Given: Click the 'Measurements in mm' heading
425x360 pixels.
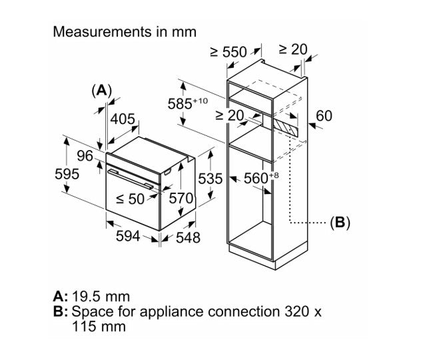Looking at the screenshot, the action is [x=125, y=32].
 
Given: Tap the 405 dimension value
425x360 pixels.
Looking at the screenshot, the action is [x=123, y=119].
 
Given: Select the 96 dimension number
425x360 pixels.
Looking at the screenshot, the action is [x=85, y=156].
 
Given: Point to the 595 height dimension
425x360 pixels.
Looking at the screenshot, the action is [x=67, y=174].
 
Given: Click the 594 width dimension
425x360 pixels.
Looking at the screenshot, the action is [x=128, y=236].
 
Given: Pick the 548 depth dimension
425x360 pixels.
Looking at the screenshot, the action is [x=188, y=237].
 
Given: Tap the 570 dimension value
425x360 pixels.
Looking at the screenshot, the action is [x=181, y=198].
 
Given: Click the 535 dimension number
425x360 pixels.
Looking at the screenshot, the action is [x=211, y=179].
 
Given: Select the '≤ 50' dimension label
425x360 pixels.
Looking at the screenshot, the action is [x=130, y=199].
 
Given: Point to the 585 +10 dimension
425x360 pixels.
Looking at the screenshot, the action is [x=188, y=103].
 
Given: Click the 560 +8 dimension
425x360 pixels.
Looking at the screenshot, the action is [x=261, y=178].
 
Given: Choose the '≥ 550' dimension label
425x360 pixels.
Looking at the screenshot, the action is [x=228, y=52].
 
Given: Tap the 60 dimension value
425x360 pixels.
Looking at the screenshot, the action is [x=324, y=115].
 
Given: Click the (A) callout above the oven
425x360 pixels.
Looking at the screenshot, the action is [x=102, y=91].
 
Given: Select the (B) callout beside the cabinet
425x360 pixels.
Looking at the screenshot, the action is [x=340, y=223].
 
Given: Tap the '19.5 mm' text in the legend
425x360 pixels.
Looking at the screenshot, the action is [x=101, y=297].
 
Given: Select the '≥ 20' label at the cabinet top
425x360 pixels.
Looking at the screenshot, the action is [x=293, y=49].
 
